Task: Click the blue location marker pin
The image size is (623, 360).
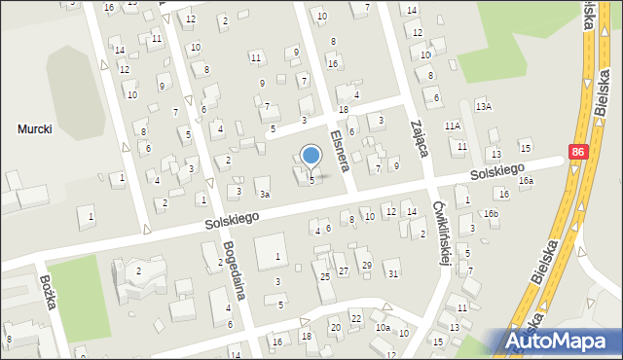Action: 311,156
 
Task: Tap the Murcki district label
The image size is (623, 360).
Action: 34,128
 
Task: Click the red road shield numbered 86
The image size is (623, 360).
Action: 579,153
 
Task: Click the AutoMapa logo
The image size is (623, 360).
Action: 561,342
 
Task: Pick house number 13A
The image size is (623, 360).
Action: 483,105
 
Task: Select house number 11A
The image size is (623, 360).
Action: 453,126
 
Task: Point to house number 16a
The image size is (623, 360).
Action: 526,181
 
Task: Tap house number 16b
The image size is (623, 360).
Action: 491,213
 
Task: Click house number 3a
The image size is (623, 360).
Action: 264,195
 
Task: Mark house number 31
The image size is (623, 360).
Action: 393,273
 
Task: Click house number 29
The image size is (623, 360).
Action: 366,265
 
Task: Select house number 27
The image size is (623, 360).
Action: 343,270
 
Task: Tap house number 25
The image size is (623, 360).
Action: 325,276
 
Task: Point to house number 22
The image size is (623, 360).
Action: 356,319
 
